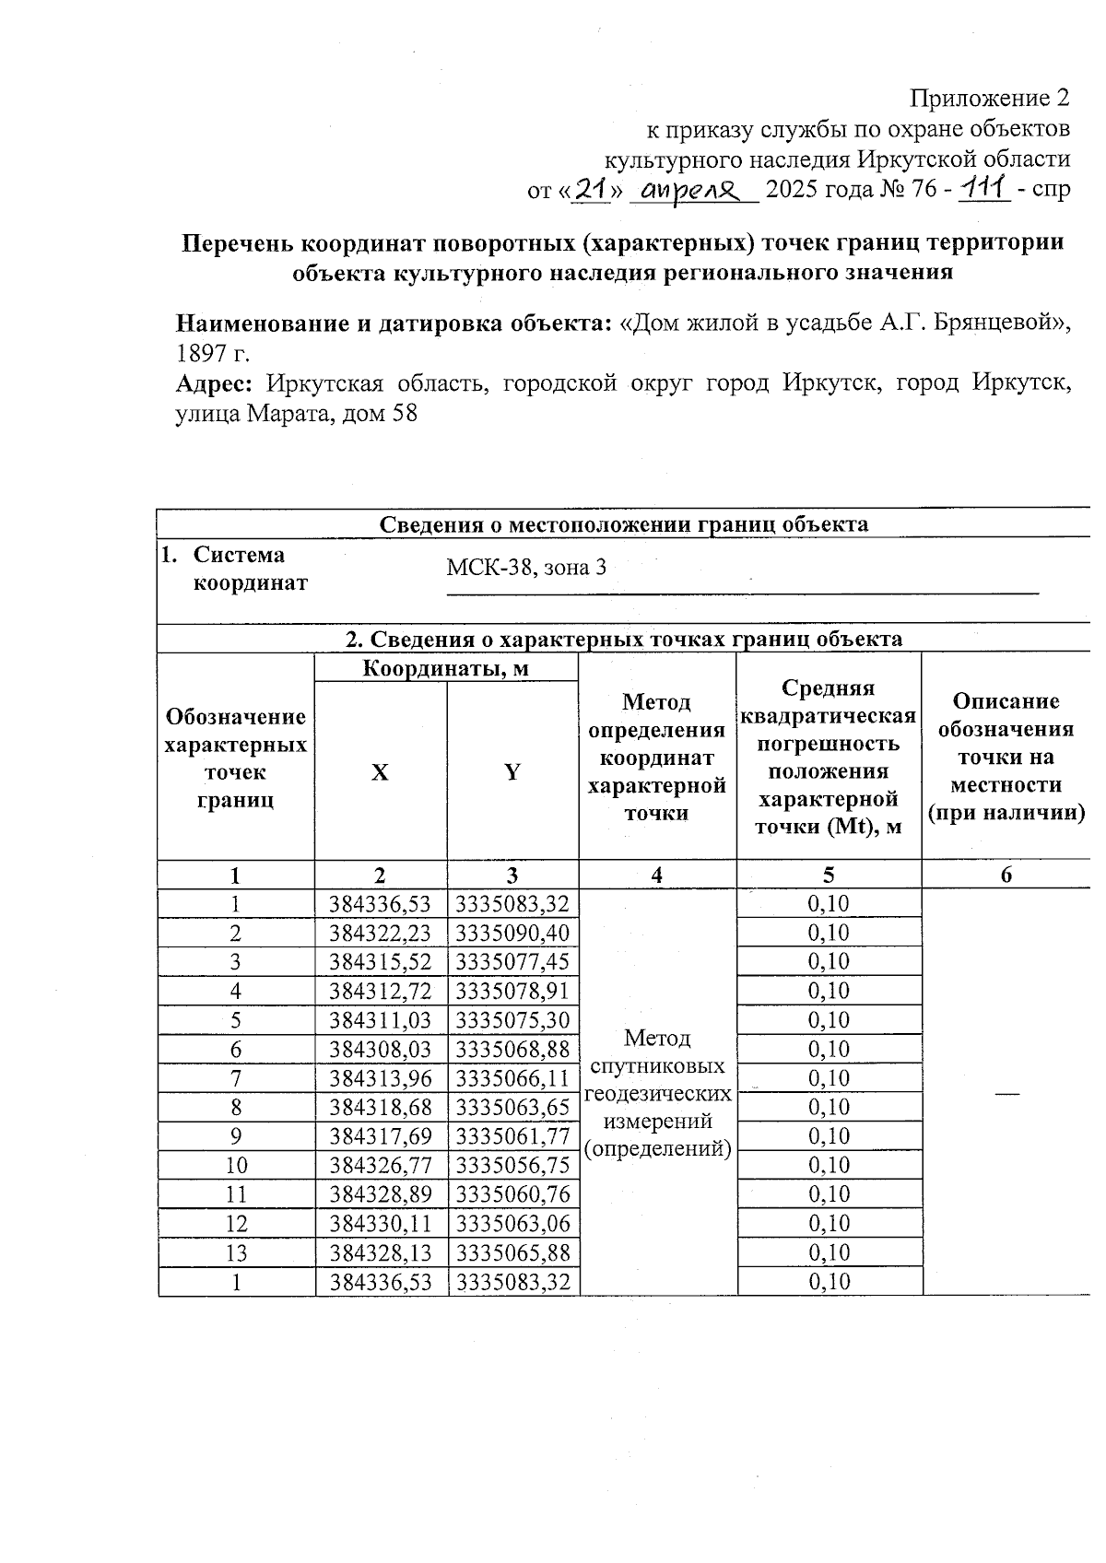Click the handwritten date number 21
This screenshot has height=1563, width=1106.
click(590, 190)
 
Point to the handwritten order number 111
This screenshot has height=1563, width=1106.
click(984, 189)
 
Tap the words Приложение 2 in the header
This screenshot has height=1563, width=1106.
click(990, 99)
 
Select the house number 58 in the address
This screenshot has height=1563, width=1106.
click(405, 414)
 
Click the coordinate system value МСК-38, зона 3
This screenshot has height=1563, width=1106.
click(526, 568)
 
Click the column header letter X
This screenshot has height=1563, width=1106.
click(380, 772)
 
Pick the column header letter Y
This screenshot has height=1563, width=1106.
click(512, 772)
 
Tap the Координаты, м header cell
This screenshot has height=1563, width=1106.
click(445, 668)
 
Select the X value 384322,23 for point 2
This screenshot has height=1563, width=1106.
click(380, 933)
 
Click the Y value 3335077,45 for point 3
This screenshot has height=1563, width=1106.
click(512, 962)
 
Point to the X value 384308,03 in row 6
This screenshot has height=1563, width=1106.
click(380, 1050)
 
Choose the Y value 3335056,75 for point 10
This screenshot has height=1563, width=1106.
click(512, 1166)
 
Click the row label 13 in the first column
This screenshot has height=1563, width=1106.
click(236, 1253)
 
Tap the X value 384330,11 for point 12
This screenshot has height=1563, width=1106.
click(380, 1224)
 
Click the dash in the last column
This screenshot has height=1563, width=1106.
click(1006, 1092)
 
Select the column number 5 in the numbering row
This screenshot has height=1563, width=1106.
click(829, 876)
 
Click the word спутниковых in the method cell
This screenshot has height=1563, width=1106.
click(657, 1066)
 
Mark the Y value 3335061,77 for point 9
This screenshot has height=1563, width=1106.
click(512, 1136)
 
